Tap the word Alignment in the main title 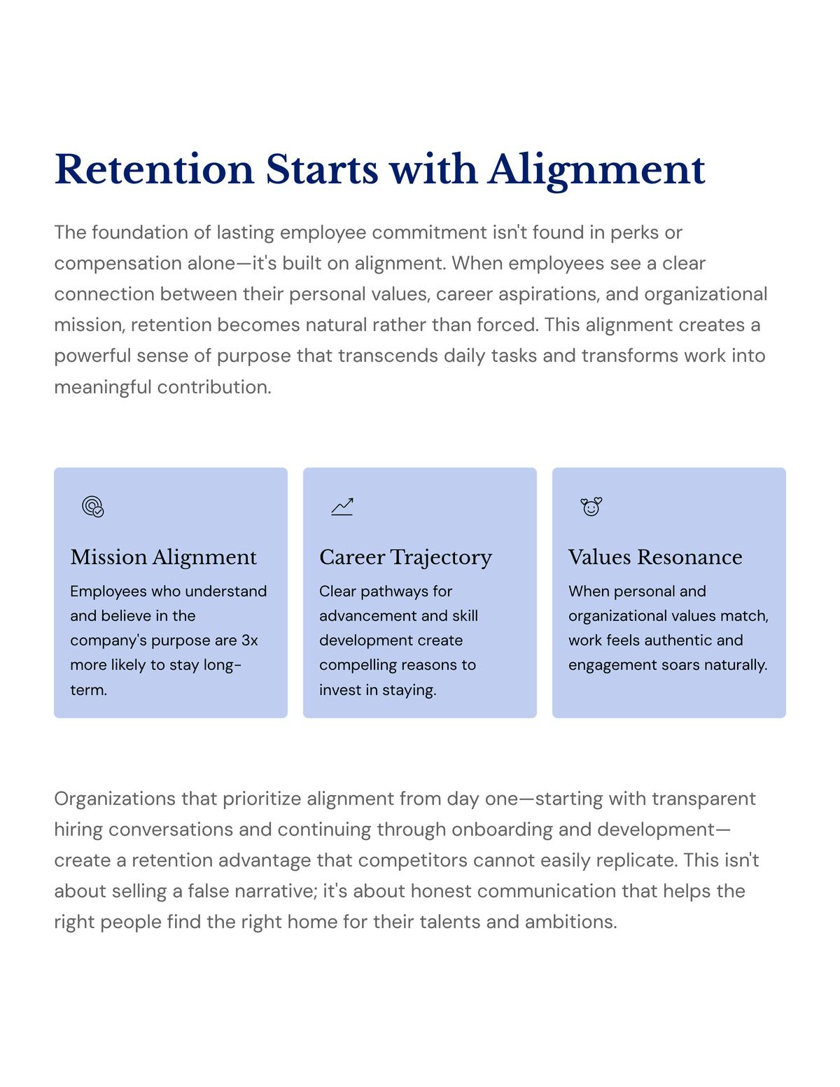tap(596, 169)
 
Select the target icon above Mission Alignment tap(93, 506)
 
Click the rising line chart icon tap(342, 506)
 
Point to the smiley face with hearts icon tap(591, 506)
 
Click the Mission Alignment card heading tap(163, 557)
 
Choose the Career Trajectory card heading tap(405, 557)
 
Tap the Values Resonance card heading tap(655, 557)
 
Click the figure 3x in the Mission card tap(249, 640)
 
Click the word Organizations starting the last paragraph tap(115, 799)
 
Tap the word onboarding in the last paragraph tap(502, 829)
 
